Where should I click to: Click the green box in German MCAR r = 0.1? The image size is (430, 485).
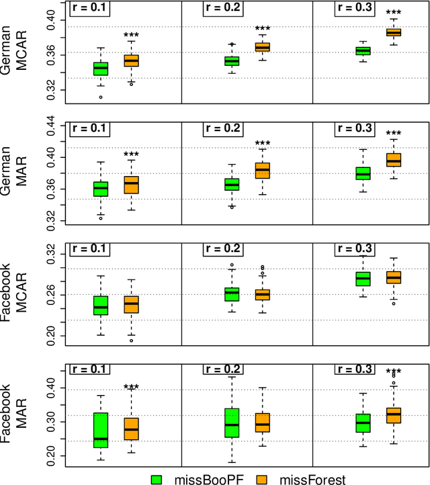[101, 69]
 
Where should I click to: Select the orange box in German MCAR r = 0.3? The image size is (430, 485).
[393, 32]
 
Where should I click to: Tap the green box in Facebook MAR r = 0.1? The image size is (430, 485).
[101, 430]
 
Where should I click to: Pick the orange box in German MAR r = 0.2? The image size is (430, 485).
[262, 171]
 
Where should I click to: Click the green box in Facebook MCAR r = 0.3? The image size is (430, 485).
[363, 278]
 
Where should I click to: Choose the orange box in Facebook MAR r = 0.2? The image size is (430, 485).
[262, 423]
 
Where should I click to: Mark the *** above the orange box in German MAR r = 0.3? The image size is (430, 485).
[393, 134]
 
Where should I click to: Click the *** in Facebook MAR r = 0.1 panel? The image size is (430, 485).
[131, 387]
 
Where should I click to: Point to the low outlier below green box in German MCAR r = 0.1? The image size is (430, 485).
[101, 97]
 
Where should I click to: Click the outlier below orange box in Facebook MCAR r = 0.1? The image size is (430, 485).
[131, 341]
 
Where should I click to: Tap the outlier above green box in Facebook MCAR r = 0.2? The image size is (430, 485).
[232, 265]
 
